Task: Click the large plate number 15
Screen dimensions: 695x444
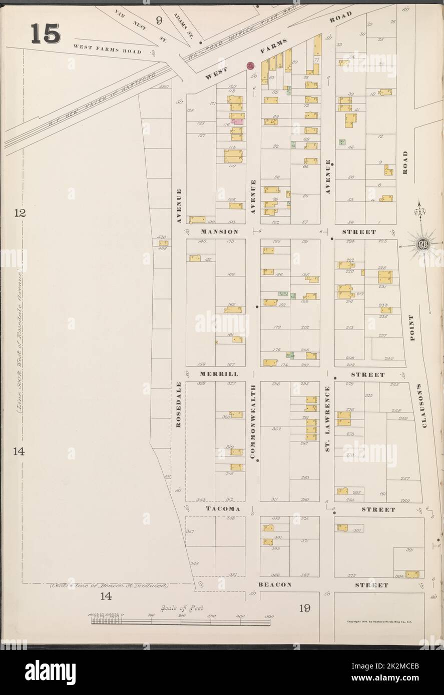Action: [46, 33]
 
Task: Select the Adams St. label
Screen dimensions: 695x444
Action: [183, 25]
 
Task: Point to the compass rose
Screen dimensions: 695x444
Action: [420, 244]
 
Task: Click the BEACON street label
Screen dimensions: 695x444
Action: [275, 584]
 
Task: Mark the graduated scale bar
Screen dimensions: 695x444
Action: [180, 621]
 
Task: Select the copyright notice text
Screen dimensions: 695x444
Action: [378, 622]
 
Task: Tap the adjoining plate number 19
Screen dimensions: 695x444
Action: [305, 608]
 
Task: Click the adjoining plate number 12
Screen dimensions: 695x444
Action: [19, 213]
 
